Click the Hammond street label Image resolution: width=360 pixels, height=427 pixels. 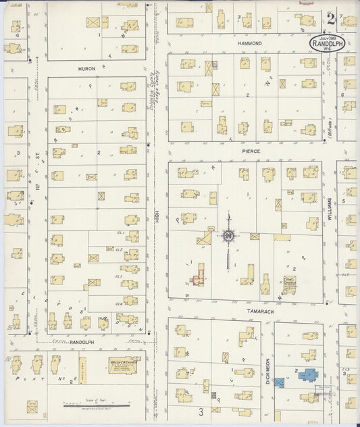(x=249, y=43)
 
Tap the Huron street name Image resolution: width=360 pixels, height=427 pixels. (x=87, y=68)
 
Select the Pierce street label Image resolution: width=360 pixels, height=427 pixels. (x=247, y=152)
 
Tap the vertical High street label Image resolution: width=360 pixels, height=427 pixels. (x=157, y=218)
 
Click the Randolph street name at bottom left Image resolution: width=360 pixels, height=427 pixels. (x=81, y=343)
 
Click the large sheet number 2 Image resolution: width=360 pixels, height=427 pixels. (x=330, y=18)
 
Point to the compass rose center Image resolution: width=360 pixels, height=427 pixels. (x=228, y=235)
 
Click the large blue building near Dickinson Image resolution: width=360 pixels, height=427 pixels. (x=307, y=374)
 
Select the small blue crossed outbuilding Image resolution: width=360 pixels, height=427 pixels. (x=279, y=382)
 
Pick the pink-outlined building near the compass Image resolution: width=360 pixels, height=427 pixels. (x=198, y=277)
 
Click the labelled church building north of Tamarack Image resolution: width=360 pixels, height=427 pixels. (x=289, y=284)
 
